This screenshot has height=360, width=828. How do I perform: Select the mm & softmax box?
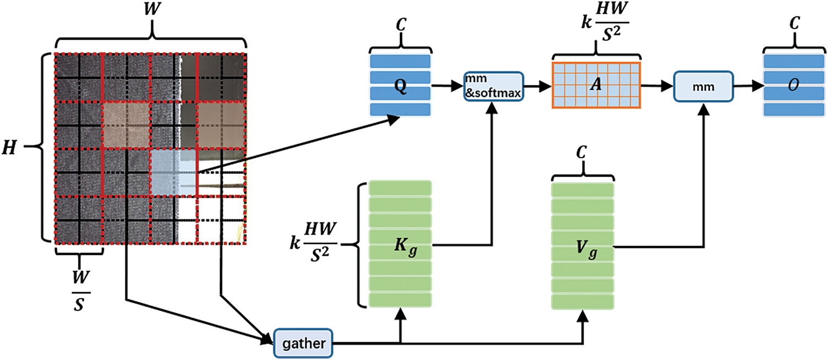pos(493,86)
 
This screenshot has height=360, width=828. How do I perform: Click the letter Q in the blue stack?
pos(401,86)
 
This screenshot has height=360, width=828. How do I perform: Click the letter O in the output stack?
pos(793,86)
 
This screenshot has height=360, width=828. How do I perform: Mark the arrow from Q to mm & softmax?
pos(447,86)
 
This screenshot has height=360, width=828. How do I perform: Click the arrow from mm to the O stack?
pos(748,86)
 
